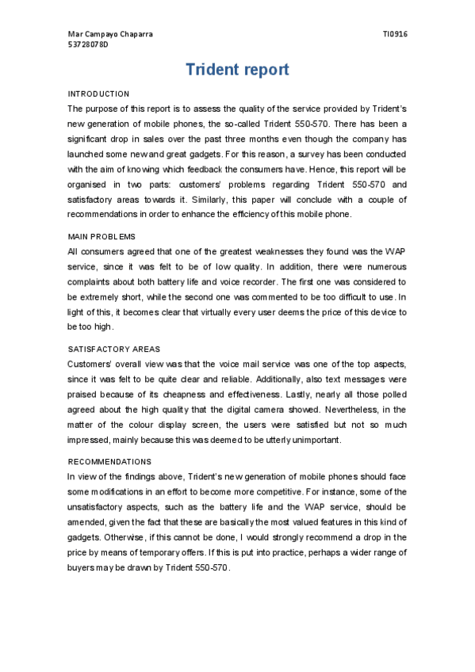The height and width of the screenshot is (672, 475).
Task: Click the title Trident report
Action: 237,70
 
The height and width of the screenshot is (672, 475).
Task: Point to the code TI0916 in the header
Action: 395,35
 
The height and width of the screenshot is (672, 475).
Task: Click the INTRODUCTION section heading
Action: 98,94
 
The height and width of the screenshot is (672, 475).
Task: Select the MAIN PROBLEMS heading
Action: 102,237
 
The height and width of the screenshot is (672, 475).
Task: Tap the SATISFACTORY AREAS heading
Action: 114,349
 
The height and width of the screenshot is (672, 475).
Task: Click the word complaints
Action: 90,281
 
